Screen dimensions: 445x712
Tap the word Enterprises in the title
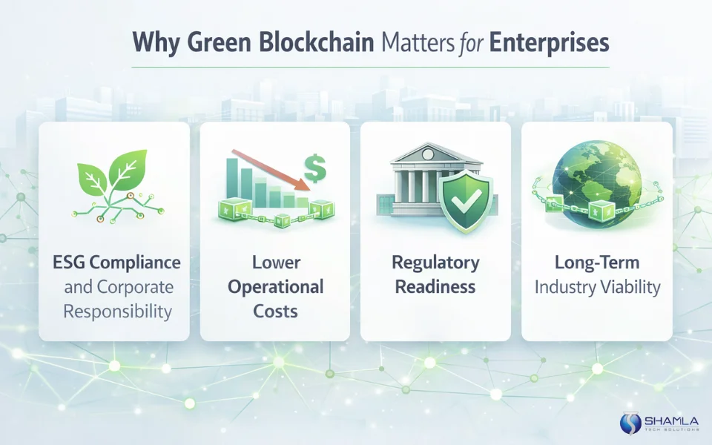tap(546, 42)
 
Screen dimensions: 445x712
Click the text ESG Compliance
tap(116, 263)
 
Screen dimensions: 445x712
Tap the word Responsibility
tap(116, 311)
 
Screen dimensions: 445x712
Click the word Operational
tap(275, 287)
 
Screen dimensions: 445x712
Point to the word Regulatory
tap(436, 263)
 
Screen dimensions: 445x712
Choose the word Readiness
tap(436, 287)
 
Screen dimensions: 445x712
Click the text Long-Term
tap(597, 263)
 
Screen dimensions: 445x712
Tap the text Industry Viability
tap(597, 287)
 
